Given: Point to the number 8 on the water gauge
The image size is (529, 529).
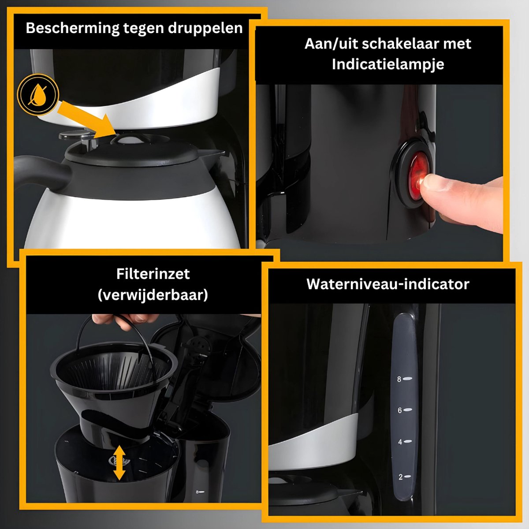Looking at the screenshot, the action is pos(399,379).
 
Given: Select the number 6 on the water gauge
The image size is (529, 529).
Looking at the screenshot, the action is pos(400,410).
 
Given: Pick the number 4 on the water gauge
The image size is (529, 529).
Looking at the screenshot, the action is pos(400,442).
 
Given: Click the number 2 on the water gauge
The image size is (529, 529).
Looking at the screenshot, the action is pos(401,477).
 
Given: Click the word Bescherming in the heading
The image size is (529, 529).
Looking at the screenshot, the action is pos(73,29).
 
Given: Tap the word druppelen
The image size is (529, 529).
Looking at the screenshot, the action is pos(205,29).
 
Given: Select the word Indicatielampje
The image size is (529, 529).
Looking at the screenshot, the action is pos(387,64).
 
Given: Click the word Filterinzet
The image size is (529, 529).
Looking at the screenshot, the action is pos(153,274).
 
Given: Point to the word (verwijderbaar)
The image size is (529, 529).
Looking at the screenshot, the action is pos(153,295).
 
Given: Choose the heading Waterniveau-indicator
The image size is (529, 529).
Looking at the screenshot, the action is pos(387,284).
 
